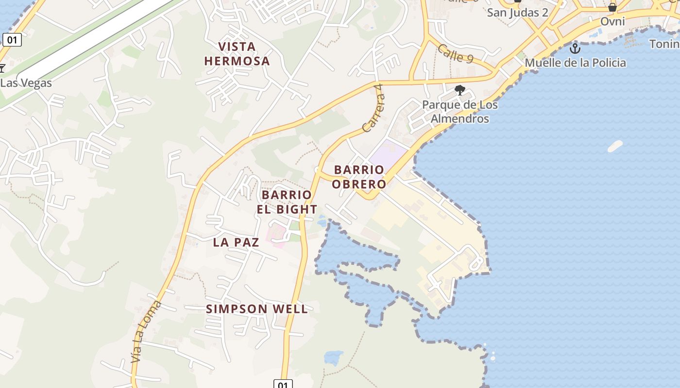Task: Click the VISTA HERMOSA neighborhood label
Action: click(x=237, y=54)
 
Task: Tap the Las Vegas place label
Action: click(x=26, y=83)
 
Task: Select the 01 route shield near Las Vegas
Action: click(x=12, y=40)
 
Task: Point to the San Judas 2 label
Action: click(x=517, y=13)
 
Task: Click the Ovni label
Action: click(x=612, y=21)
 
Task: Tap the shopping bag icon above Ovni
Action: click(x=612, y=7)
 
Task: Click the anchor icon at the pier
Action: click(x=575, y=48)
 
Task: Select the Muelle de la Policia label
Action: click(x=575, y=63)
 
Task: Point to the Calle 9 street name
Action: click(x=455, y=54)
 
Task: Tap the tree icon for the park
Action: click(x=459, y=90)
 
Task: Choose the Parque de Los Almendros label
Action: click(x=459, y=112)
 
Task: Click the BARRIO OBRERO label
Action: click(x=359, y=177)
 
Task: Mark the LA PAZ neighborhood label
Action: click(x=236, y=242)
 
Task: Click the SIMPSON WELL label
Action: click(x=257, y=309)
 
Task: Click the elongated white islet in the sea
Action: click(x=615, y=146)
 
